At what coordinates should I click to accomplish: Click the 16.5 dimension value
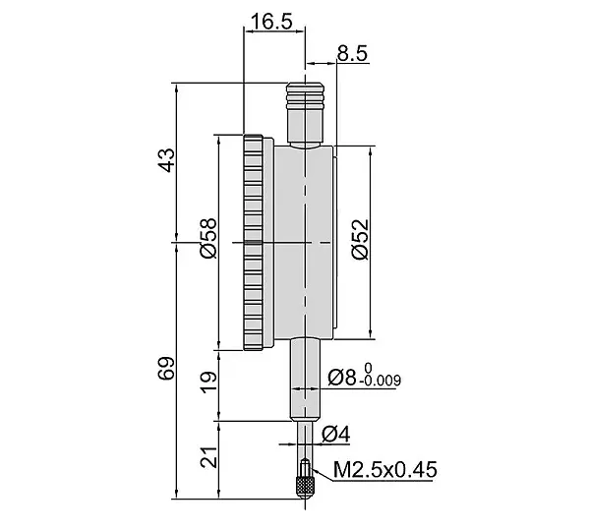coord(271,22)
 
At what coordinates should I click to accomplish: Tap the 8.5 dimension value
coord(352,53)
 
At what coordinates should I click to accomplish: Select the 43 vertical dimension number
coord(166,160)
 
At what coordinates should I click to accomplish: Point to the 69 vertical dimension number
coord(166,368)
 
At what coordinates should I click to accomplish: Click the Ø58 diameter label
coord(209,238)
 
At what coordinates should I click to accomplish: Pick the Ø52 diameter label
coord(361,239)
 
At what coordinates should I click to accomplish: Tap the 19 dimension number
coord(208,383)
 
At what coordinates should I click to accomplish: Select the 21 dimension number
coord(208,457)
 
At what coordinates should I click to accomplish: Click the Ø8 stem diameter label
coord(341,378)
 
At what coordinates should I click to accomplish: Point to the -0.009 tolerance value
coord(380,381)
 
